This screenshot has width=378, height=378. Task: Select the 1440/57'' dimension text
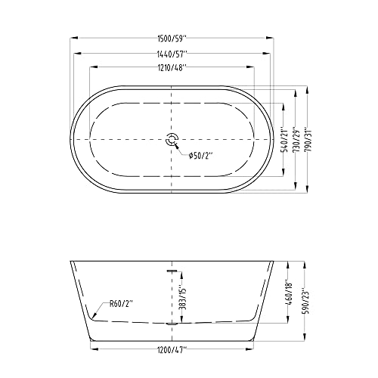point(173,54)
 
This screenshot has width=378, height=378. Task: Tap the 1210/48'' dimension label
point(173,68)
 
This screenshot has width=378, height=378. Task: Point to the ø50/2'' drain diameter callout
point(200,155)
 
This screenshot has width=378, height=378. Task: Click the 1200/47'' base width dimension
point(173,350)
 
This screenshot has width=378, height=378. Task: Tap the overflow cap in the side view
point(172,268)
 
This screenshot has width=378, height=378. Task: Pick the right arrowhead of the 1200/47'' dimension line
point(253,350)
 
